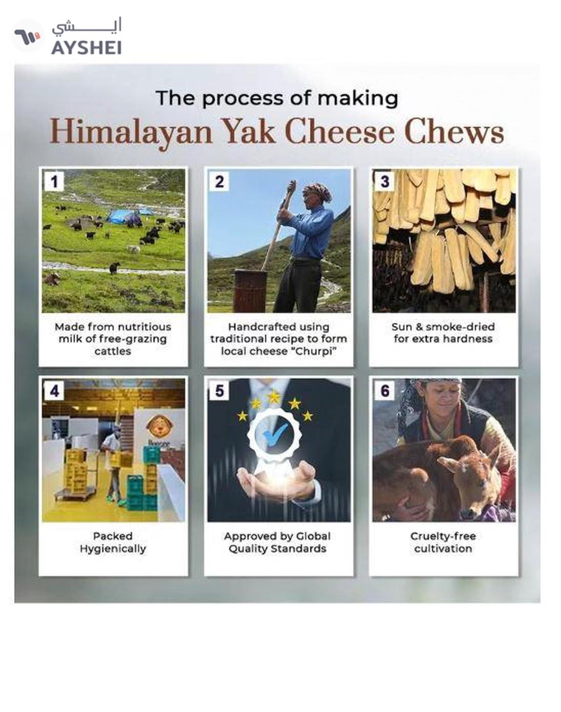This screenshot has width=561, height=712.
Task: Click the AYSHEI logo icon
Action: point(27,36)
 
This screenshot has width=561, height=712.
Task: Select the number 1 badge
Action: point(54,181)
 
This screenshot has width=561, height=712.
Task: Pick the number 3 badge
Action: point(384,181)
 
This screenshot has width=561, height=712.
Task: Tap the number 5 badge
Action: point(219,391)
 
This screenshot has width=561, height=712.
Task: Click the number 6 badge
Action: point(384,391)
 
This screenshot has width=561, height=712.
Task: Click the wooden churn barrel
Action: point(251,290)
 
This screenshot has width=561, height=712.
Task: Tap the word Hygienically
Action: point(113,548)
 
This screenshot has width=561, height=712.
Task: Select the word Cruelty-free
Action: point(443,536)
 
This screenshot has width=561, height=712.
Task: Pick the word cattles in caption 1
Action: point(113,351)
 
